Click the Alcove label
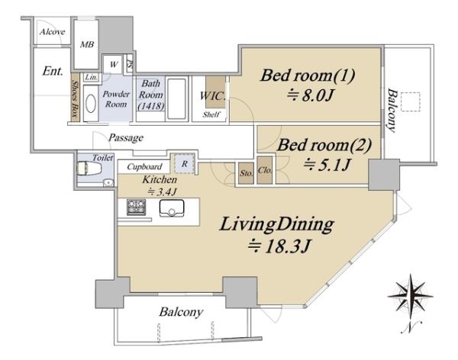[x=52, y=31]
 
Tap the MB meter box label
[x=87, y=45]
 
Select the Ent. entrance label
[x=53, y=71]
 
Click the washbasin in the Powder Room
[x=91, y=104]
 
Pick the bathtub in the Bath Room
[x=176, y=98]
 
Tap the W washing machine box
[x=114, y=64]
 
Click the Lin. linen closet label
[x=92, y=77]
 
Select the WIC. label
[x=213, y=96]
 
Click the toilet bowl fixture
[x=89, y=169]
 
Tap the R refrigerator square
[x=184, y=163]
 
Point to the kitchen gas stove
[x=136, y=207]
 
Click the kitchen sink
[x=172, y=208]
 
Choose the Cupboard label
[x=144, y=167]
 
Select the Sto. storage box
[x=246, y=173]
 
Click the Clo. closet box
[x=265, y=170]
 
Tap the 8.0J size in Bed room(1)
[x=310, y=95]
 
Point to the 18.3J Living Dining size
[x=279, y=246]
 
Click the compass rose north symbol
[x=411, y=295]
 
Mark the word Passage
[x=126, y=137]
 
